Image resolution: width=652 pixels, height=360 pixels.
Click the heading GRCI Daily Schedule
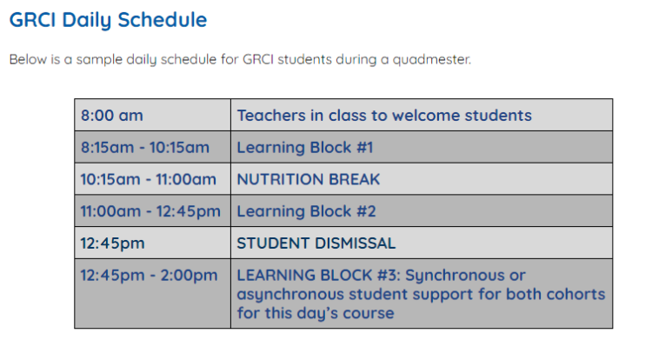point(109,19)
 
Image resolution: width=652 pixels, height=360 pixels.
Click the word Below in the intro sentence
point(28,61)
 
